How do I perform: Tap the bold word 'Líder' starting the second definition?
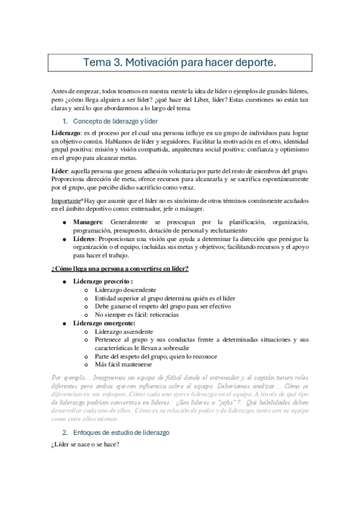point(59,171)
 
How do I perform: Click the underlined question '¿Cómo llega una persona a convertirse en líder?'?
point(120,268)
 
